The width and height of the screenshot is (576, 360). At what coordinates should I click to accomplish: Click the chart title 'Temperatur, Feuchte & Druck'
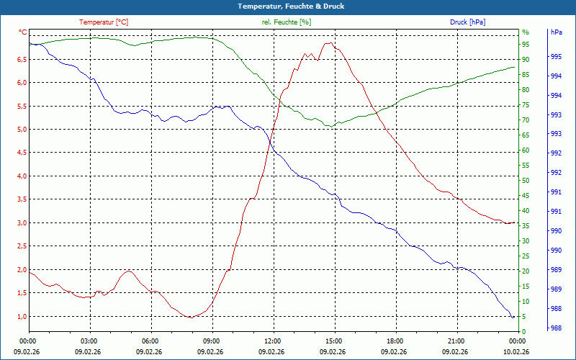click(x=287, y=6)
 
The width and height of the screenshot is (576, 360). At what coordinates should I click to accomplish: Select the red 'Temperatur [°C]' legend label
click(x=104, y=22)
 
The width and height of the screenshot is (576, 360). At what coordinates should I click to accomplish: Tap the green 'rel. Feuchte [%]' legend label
click(x=287, y=22)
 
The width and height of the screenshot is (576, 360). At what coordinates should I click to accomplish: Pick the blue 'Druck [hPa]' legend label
click(x=467, y=22)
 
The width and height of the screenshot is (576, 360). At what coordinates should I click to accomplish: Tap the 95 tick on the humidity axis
click(x=526, y=44)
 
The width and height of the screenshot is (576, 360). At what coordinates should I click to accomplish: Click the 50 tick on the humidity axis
click(x=526, y=181)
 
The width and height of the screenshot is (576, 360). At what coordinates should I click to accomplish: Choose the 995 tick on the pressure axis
click(x=556, y=57)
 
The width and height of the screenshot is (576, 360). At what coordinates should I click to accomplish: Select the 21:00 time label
click(x=456, y=341)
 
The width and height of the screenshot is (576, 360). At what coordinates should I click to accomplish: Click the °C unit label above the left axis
click(x=23, y=32)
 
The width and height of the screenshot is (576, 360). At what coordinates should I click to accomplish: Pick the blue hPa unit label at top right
click(x=556, y=32)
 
